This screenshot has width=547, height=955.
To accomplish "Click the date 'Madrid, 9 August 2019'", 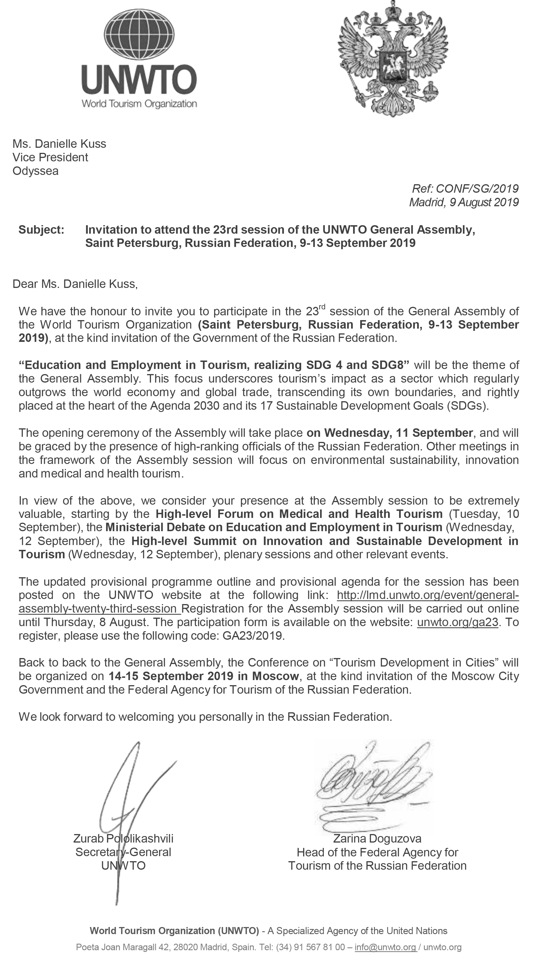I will (x=464, y=202).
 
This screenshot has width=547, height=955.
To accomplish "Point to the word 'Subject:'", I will (x=41, y=230).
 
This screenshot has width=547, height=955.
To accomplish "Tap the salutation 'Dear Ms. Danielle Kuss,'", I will (x=75, y=284).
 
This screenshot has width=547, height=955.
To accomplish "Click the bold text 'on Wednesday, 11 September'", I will (x=389, y=433).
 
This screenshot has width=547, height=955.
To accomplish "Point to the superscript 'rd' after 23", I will (x=322, y=308).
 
